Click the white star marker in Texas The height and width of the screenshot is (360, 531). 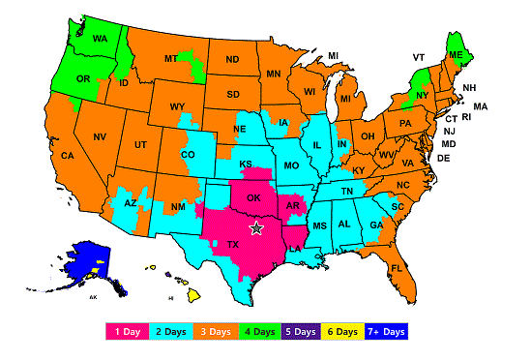pyautogui.click(x=256, y=228)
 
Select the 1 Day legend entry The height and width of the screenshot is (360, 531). pyautogui.click(x=129, y=331)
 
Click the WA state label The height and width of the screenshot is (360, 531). pyautogui.click(x=100, y=41)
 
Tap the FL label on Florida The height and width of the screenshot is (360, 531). pyautogui.click(x=398, y=268)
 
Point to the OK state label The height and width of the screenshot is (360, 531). pyautogui.click(x=253, y=198)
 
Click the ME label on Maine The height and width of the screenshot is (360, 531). pyautogui.click(x=455, y=56)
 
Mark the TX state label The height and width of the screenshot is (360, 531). pyautogui.click(x=232, y=245)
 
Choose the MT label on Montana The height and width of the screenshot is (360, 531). pyautogui.click(x=170, y=59)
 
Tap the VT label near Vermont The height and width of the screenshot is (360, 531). pyautogui.click(x=419, y=57)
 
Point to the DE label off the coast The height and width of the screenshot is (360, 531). pyautogui.click(x=443, y=158)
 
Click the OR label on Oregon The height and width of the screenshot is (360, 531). pyautogui.click(x=84, y=79)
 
